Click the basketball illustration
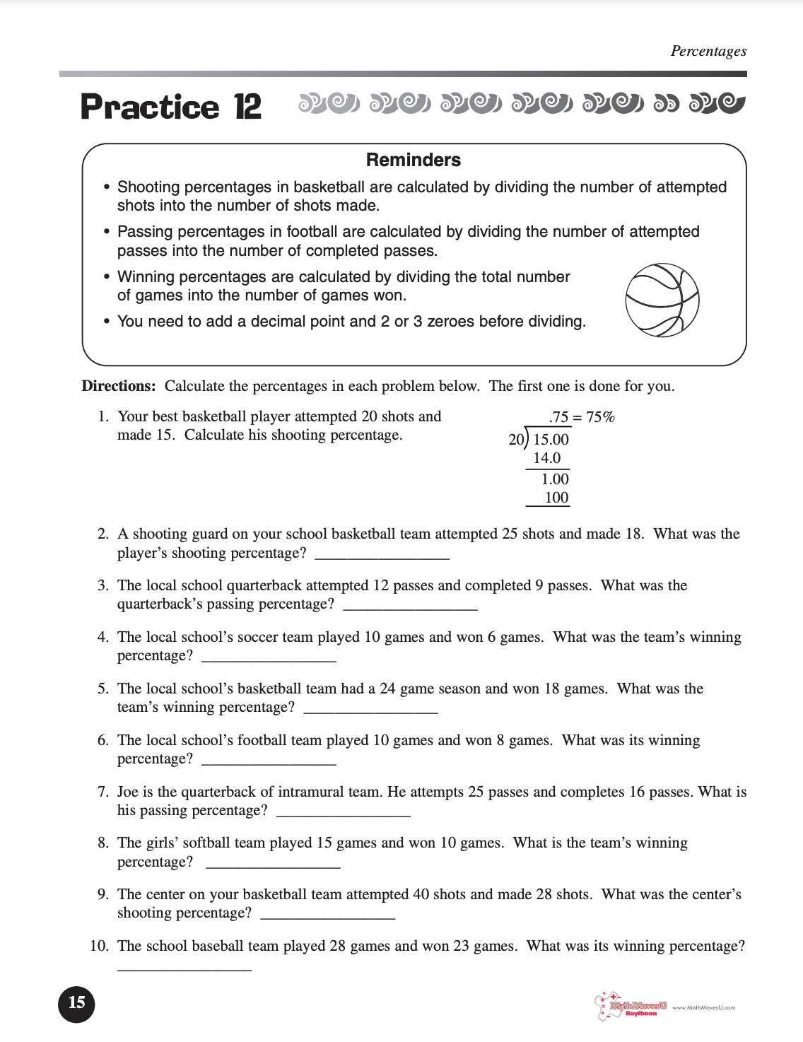click(x=662, y=300)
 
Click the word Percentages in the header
click(x=708, y=51)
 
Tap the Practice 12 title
click(x=171, y=107)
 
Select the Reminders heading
click(x=413, y=160)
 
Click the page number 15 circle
click(x=76, y=1002)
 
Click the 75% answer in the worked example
click(x=600, y=417)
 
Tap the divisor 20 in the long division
click(x=516, y=440)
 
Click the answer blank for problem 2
click(x=382, y=554)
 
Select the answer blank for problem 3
click(x=410, y=606)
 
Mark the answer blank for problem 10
click(x=184, y=966)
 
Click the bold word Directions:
click(x=119, y=386)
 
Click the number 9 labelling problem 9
click(x=102, y=894)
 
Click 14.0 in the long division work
click(x=546, y=458)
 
